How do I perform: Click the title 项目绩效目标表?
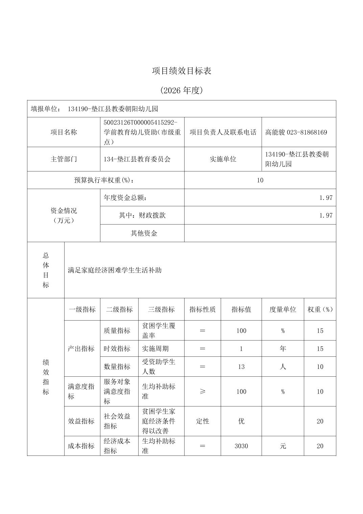(181, 71)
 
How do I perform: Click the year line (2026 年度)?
(181, 90)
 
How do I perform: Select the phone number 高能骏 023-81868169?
(296, 132)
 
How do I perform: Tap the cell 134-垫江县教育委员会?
(137, 159)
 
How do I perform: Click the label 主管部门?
(64, 159)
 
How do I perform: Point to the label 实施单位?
(223, 159)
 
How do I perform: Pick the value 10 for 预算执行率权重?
(260, 180)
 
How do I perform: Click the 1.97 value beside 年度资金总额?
(326, 198)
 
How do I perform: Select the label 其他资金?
(144, 233)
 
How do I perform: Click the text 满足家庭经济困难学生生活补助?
(115, 270)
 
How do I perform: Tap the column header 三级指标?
(161, 309)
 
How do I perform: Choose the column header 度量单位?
(283, 309)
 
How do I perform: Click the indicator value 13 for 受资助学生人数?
(241, 367)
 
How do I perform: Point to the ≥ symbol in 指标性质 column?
(202, 392)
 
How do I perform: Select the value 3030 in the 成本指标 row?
(241, 446)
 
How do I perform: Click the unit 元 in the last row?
(283, 446)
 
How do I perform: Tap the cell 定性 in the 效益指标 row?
(202, 421)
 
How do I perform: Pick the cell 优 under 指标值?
(241, 421)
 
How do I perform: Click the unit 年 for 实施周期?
(283, 349)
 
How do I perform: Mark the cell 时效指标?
(117, 349)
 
